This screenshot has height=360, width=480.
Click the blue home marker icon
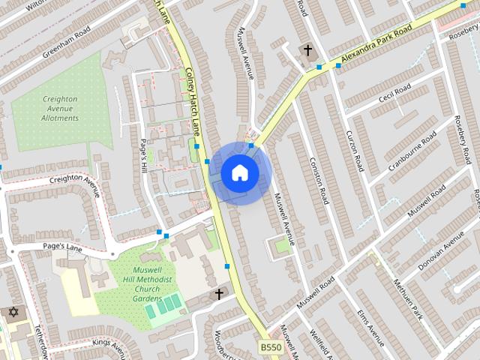(240, 173)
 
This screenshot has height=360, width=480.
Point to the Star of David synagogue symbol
(13, 311)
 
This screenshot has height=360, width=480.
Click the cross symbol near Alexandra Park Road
(307, 50)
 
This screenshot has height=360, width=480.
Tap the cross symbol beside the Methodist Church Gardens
(219, 294)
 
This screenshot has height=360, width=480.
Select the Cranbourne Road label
(412, 149)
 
